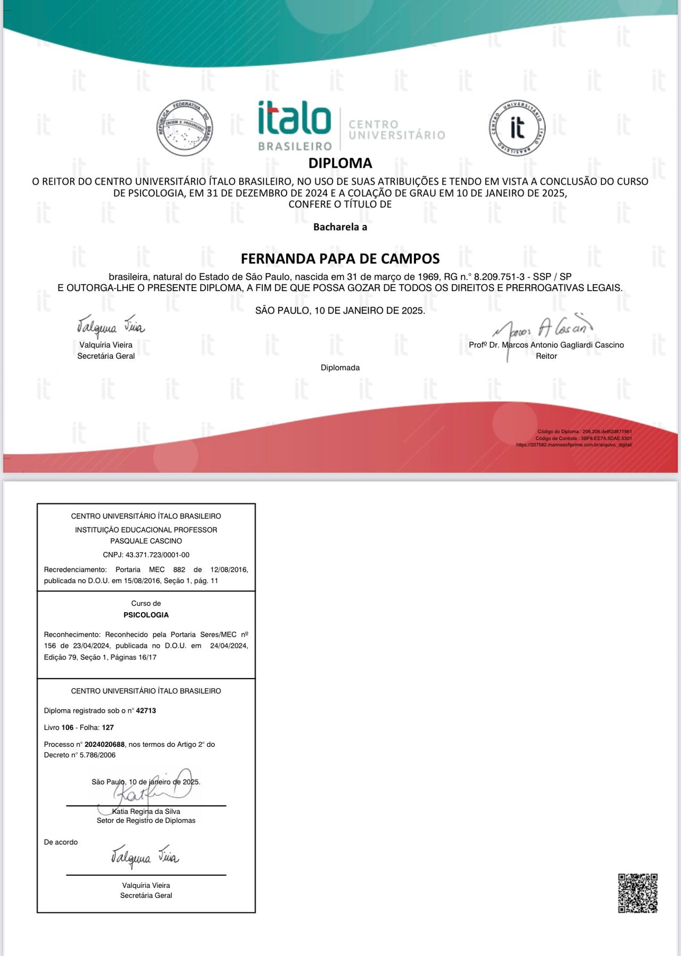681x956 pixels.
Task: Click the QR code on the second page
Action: tap(637, 893)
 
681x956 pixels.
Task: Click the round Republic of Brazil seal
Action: tap(185, 128)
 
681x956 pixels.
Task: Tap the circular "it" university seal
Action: tap(517, 128)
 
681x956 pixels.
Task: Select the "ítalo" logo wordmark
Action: tap(294, 118)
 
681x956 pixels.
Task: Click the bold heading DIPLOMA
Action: tap(340, 163)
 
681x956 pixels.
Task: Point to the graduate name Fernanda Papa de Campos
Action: tap(340, 259)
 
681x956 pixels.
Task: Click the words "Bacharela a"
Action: tap(340, 227)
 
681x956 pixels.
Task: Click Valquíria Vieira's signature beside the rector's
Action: tap(111, 325)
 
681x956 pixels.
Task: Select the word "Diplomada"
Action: tap(340, 368)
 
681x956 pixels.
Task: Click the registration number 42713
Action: tap(146, 711)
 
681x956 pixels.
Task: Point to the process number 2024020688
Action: tap(104, 744)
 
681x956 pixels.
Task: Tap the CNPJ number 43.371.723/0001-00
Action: tap(157, 555)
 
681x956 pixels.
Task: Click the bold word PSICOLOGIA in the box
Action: tap(146, 615)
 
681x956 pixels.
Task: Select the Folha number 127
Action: tap(108, 727)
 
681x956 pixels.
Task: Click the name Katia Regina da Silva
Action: tap(146, 811)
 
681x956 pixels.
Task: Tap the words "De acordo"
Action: tap(61, 842)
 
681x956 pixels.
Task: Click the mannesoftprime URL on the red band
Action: tap(574, 444)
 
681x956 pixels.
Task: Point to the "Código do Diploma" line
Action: tap(585, 432)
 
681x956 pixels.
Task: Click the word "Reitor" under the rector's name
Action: tap(546, 356)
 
